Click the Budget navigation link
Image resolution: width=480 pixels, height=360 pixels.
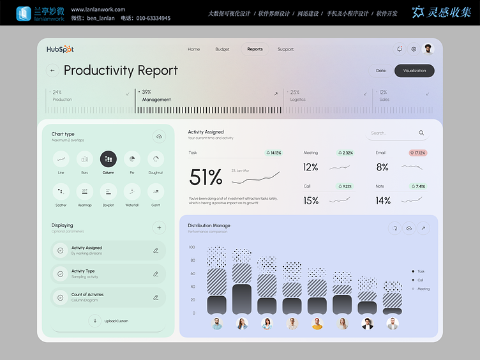[222, 49]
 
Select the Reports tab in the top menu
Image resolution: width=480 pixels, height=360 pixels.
[255, 49]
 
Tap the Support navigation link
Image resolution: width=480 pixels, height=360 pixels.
[285, 49]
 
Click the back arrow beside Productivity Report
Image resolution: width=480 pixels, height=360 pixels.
[52, 71]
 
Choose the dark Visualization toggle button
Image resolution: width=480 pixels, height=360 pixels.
[414, 71]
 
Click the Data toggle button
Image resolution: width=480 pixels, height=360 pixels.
[380, 71]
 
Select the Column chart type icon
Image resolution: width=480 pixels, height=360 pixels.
[108, 159]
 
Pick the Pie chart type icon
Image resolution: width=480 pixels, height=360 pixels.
[131, 159]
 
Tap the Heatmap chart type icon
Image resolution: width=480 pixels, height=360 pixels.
[84, 191]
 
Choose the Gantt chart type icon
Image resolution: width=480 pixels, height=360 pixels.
[156, 191]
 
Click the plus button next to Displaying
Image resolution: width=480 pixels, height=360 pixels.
[159, 227]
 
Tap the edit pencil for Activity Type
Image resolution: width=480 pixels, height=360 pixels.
[156, 274]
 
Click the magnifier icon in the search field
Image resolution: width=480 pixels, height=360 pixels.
[421, 133]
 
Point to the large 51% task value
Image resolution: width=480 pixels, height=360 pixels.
[206, 177]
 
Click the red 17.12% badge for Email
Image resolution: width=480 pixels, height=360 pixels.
[417, 153]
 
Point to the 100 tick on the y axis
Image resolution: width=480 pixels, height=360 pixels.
[191, 247]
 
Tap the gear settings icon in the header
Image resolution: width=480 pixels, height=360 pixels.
[414, 49]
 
